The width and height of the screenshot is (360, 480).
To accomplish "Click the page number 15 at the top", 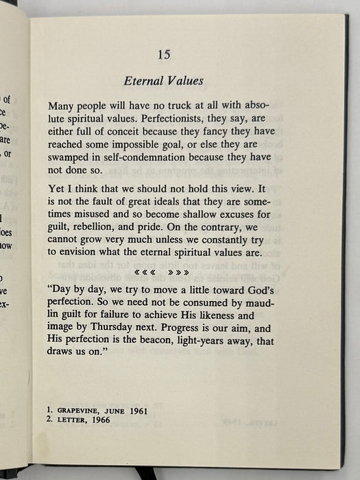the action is pyautogui.click(x=163, y=54).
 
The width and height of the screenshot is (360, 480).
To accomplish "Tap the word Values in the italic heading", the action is pyautogui.click(x=184, y=82).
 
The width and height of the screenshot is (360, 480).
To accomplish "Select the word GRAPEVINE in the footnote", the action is pyautogui.click(x=85, y=409).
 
